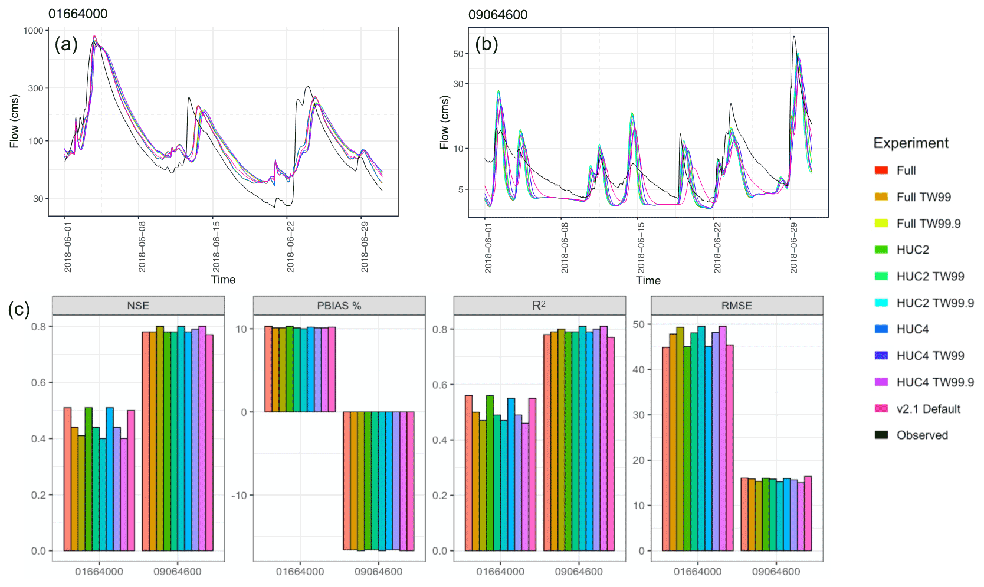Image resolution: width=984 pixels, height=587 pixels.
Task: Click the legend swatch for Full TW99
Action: (x=881, y=197)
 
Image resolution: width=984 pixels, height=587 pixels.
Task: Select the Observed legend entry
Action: (x=922, y=435)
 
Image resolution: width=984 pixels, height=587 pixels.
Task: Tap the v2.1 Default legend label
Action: (x=928, y=409)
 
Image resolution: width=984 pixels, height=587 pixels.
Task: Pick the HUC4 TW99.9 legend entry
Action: (x=935, y=382)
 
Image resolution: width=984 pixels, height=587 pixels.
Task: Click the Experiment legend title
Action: (x=911, y=143)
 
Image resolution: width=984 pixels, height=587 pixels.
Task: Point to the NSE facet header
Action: (x=138, y=306)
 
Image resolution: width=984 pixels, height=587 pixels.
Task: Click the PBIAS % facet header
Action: (x=339, y=306)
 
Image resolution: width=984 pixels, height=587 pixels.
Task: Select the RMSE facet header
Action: (x=737, y=306)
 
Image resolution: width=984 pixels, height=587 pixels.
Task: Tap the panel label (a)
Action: (x=66, y=44)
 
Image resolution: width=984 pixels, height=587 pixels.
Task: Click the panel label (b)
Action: (x=487, y=44)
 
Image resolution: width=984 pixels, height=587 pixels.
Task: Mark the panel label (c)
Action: (x=19, y=310)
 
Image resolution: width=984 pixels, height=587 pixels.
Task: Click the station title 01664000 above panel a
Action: (x=78, y=14)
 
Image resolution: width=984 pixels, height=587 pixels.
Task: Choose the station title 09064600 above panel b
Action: (x=498, y=15)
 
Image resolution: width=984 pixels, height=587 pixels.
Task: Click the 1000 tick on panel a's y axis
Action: (x=33, y=31)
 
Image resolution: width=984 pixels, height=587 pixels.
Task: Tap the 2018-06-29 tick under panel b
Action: (x=794, y=248)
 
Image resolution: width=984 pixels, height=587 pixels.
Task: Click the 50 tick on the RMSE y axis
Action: (x=638, y=324)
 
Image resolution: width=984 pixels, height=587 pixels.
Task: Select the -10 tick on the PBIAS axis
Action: (x=239, y=496)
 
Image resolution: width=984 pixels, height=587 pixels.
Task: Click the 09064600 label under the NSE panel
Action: (x=178, y=572)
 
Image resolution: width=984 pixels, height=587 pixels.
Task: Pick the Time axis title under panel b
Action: (x=648, y=281)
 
